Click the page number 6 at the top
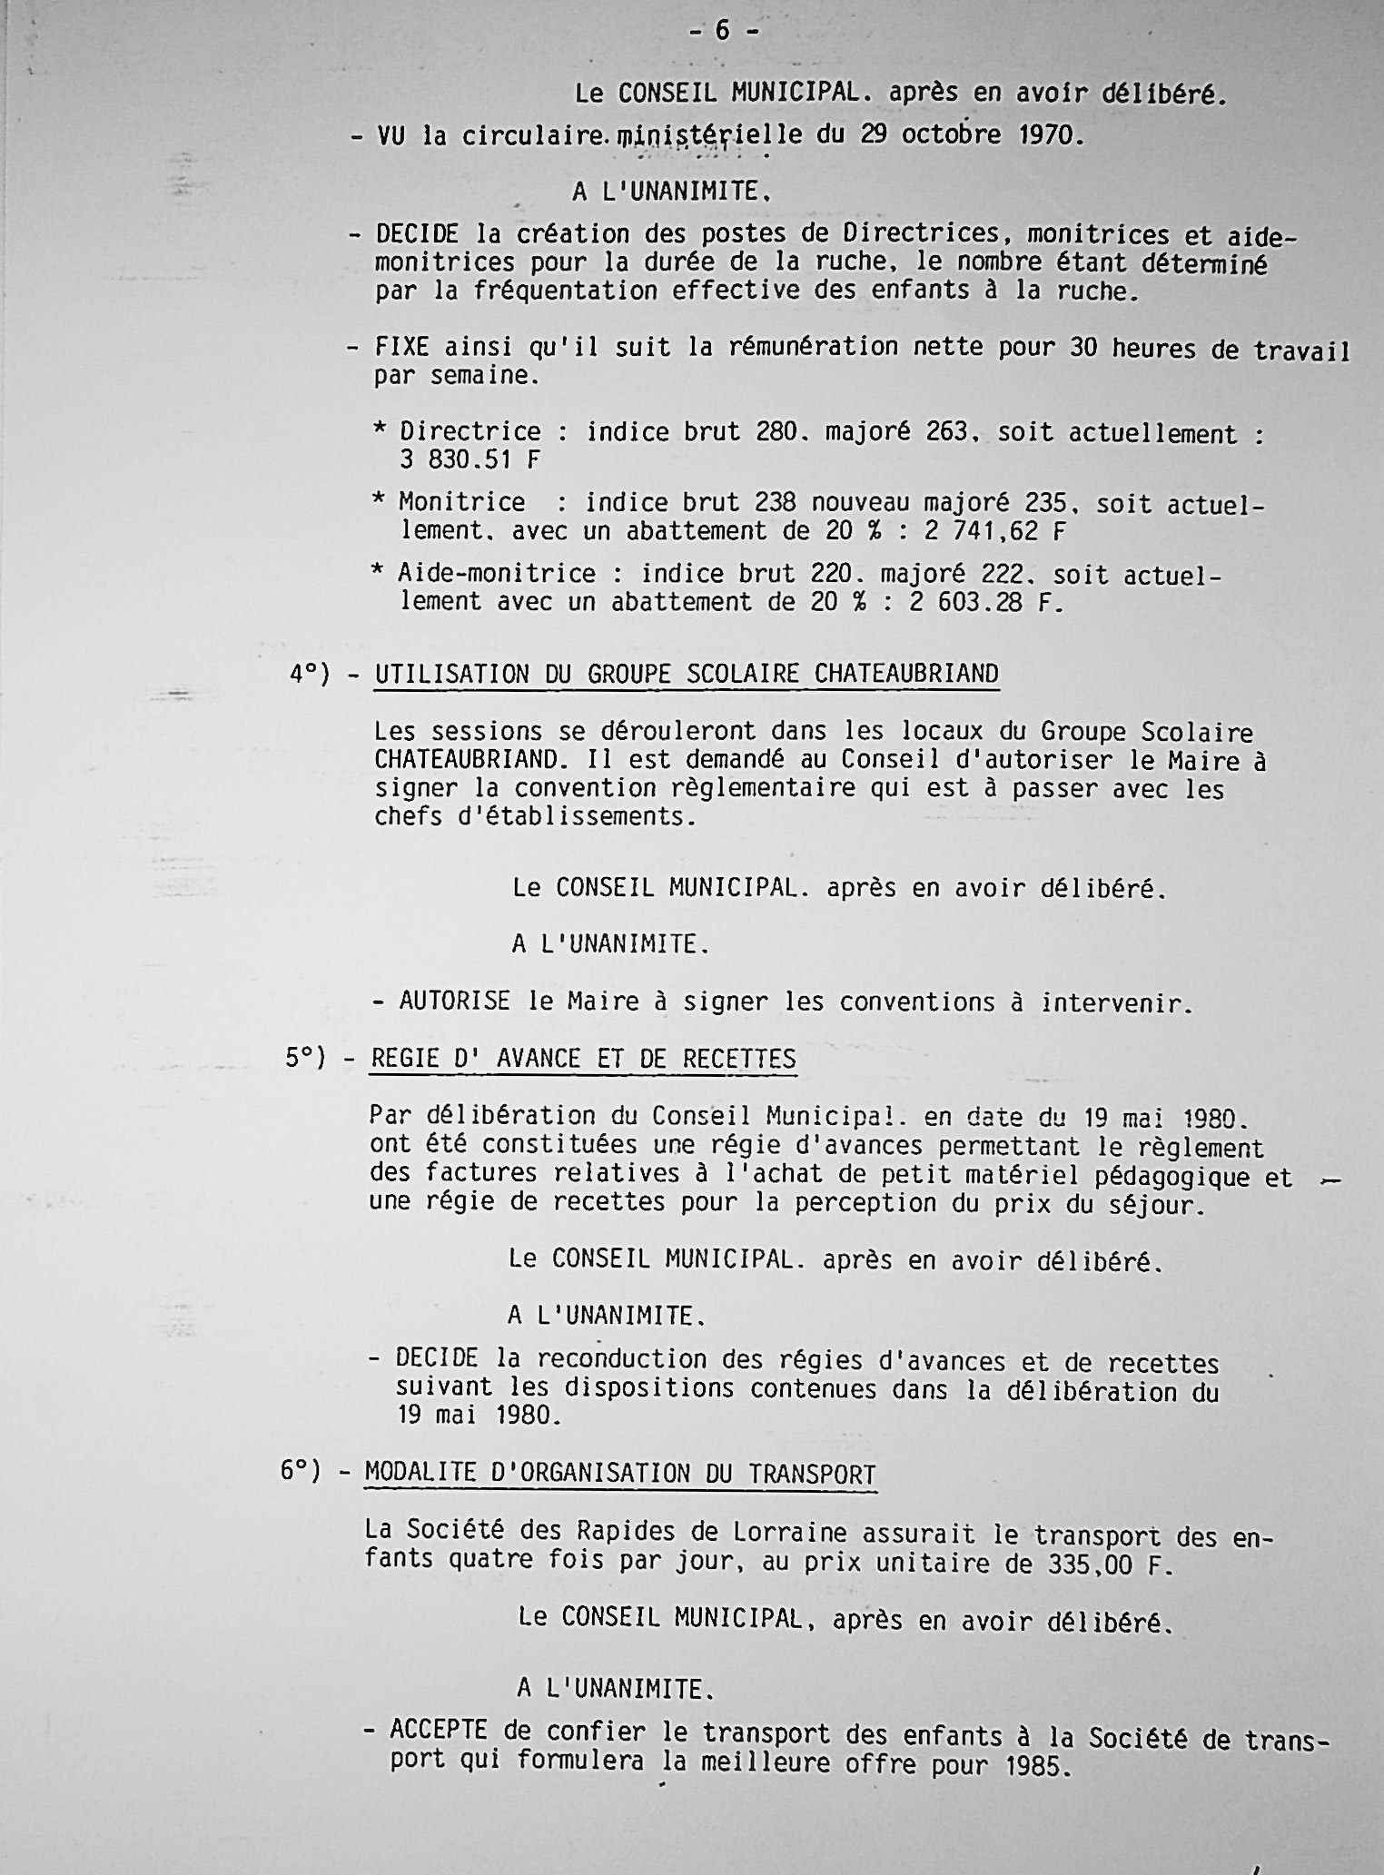pyautogui.click(x=722, y=31)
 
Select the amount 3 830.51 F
pyautogui.click(x=470, y=460)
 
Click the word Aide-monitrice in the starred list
pyautogui.click(x=497, y=574)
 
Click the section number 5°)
pyautogui.click(x=305, y=1058)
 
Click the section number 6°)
pyautogui.click(x=301, y=1471)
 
